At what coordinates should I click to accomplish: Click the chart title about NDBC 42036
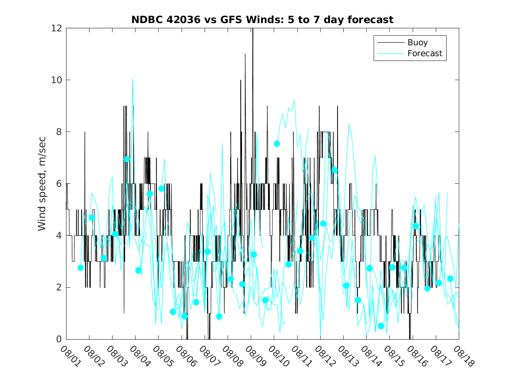click(262, 20)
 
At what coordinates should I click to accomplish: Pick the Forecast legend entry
click(424, 54)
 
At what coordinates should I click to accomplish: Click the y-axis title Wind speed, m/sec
click(42, 184)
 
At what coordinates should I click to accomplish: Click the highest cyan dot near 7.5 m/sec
click(277, 144)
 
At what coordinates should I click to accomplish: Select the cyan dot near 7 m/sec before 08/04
click(127, 159)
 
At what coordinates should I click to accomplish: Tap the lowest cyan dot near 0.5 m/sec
click(381, 326)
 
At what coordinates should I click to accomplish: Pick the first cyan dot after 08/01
click(80, 267)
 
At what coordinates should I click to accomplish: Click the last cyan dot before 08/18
click(450, 279)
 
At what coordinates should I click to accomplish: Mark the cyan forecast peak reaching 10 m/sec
click(133, 78)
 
